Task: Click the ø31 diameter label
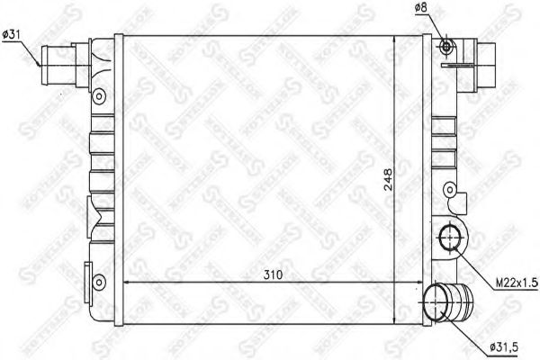[x=13, y=34]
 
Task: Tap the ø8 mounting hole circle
[x=446, y=47]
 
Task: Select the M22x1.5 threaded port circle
[x=448, y=239]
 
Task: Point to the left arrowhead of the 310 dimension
[x=126, y=284]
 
